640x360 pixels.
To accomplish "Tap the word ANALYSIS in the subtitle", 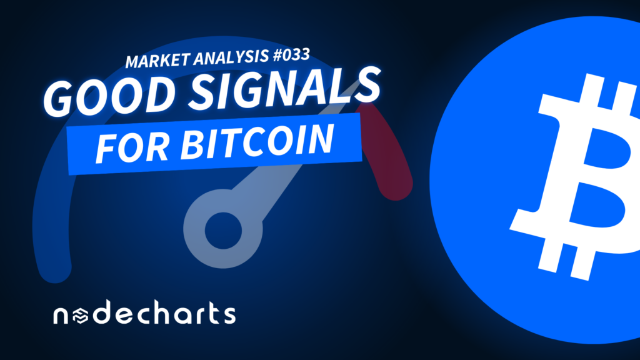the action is [x=231, y=57].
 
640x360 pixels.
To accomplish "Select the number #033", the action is [x=291, y=55].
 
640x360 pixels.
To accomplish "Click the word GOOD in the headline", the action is [x=109, y=96].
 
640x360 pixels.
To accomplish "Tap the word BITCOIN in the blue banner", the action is [x=257, y=141].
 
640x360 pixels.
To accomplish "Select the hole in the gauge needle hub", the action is [x=223, y=231].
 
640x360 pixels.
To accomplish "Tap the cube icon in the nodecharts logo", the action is [x=81, y=316].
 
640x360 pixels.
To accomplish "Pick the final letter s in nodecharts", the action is [x=229, y=316].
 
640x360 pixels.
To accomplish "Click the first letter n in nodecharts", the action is [x=61, y=316].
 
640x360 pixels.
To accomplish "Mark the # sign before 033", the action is [x=278, y=56].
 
